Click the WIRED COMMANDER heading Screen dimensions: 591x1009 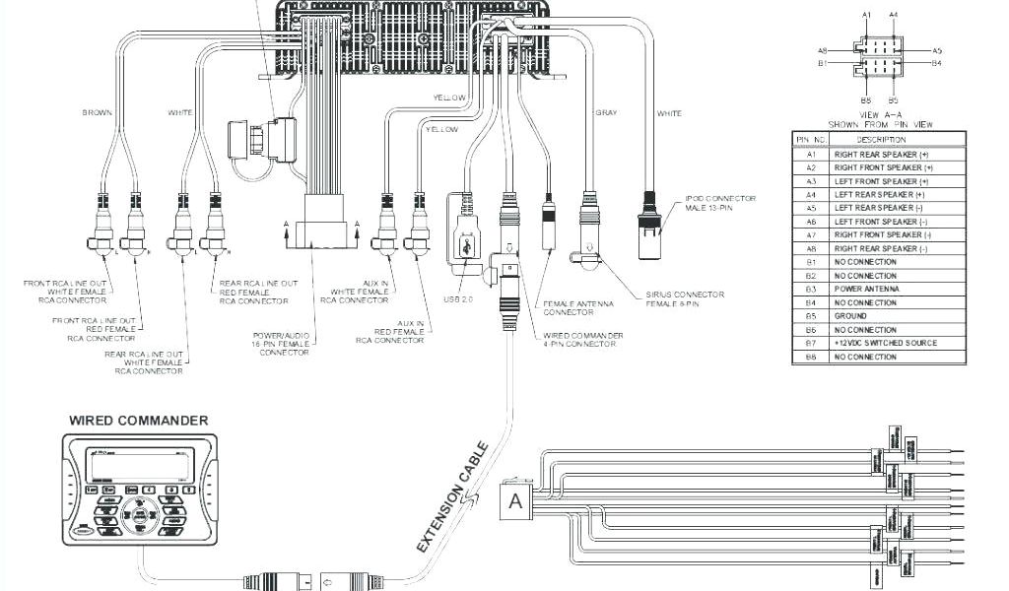[138, 421]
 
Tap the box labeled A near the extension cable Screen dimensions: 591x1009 [515, 501]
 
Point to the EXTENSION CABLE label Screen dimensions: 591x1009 [452, 497]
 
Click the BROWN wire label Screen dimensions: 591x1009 [98, 113]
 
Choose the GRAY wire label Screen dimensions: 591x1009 [606, 113]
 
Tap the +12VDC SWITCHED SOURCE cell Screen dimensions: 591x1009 [885, 343]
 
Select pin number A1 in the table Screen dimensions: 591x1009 [812, 155]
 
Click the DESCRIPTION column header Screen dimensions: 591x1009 [881, 141]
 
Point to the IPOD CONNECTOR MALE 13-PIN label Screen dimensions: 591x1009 [720, 203]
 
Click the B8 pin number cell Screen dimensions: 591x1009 [812, 357]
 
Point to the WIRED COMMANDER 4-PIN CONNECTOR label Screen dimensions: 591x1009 [582, 341]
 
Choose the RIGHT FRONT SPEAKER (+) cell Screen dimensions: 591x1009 [883, 168]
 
